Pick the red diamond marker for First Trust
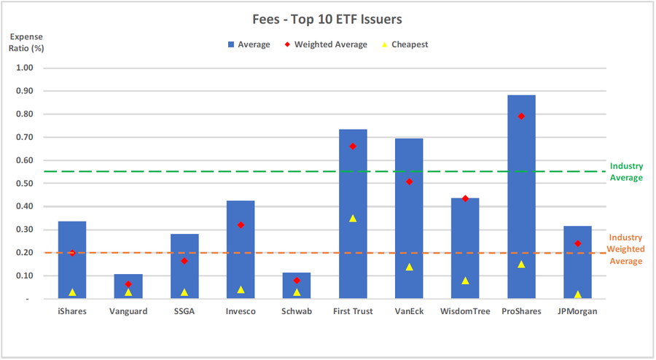click(x=353, y=146)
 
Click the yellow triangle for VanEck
click(x=409, y=267)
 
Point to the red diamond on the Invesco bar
click(x=241, y=225)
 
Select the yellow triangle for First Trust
click(x=353, y=218)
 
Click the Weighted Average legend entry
click(x=327, y=44)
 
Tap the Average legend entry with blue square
click(x=249, y=44)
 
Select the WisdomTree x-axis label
click(x=465, y=312)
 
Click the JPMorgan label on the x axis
click(x=577, y=312)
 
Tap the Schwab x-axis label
click(x=297, y=312)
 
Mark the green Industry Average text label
click(x=626, y=172)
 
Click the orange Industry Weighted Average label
click(x=626, y=249)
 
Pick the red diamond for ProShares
click(x=521, y=116)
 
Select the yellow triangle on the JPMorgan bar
click(x=577, y=294)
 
